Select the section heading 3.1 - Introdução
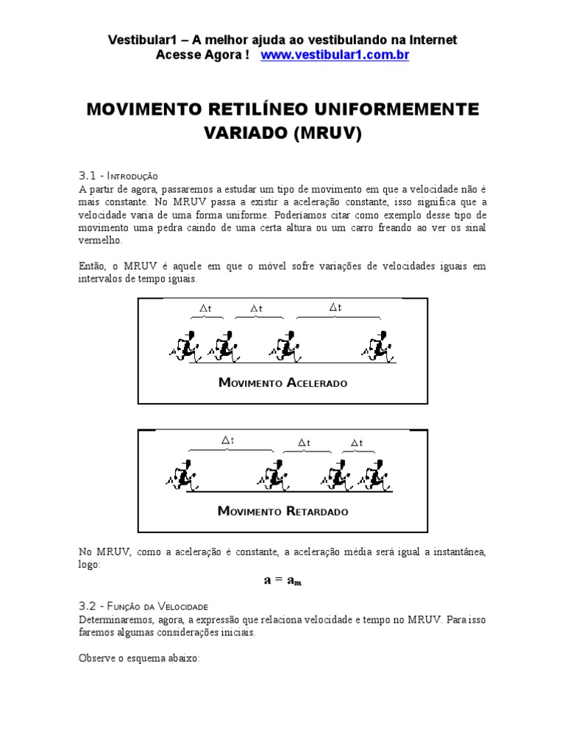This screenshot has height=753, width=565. click(118, 176)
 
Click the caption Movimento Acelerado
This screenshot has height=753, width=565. click(282, 383)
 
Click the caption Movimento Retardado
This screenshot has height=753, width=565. click(283, 511)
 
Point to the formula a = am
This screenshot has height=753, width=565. click(282, 580)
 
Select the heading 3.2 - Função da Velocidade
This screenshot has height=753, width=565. click(143, 607)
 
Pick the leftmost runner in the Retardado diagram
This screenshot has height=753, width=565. click(182, 476)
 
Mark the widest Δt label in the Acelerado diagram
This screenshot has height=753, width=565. click(335, 307)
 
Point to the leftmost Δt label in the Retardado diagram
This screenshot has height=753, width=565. click(228, 440)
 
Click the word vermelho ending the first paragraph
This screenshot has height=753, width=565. click(100, 240)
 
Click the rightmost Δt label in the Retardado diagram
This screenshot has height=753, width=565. click(357, 442)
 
